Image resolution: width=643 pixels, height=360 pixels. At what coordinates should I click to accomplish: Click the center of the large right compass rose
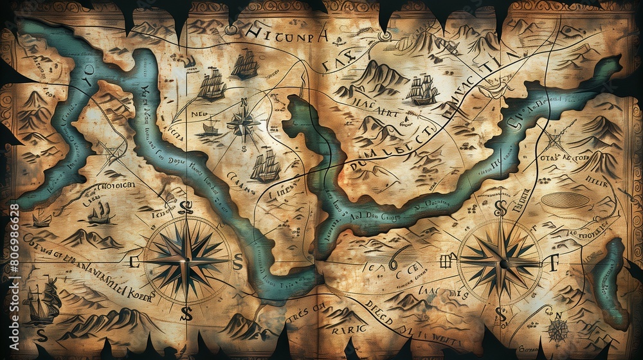coord(501,262)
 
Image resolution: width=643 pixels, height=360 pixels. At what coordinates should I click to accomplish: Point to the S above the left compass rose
coord(187,207)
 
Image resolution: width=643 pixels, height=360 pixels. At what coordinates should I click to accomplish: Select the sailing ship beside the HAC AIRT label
coord(422,90)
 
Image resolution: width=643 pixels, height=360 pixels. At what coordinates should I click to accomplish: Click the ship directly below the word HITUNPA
coord(245,65)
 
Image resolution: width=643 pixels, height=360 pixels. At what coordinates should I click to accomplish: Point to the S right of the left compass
coord(237,261)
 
